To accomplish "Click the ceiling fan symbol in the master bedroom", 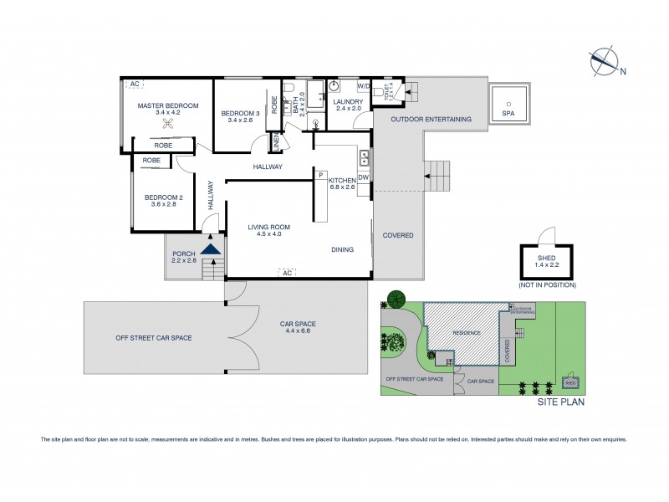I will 168,123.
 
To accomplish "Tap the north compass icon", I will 602,62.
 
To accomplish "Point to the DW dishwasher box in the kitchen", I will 364,177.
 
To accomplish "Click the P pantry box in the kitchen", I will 320,175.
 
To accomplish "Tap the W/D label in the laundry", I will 364,86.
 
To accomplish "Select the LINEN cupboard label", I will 275,143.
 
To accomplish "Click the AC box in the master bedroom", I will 134,85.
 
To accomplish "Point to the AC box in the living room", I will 286,273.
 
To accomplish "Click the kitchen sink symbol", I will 365,156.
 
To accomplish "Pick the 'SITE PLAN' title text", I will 561,402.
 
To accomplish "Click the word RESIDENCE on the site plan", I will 467,333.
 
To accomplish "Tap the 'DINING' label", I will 341,249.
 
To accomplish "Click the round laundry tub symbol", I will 333,86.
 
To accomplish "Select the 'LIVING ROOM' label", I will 268,227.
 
